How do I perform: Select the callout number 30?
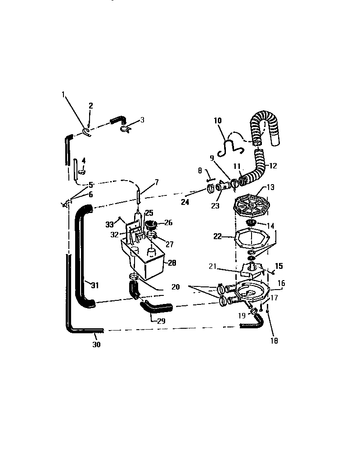(x=96, y=345)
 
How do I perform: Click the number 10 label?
(x=217, y=121)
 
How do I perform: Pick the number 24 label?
(x=185, y=202)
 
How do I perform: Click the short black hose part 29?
(x=155, y=308)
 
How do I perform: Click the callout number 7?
(x=157, y=182)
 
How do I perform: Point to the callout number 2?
(x=90, y=106)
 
